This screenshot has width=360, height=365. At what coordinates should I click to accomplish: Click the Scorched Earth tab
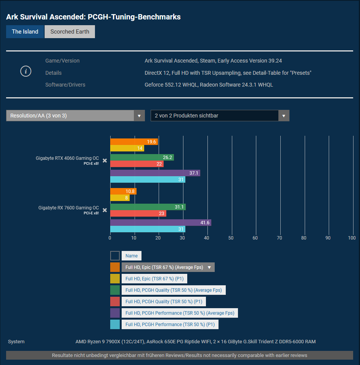(70, 32)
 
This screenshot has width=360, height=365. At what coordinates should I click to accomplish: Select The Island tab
(25, 32)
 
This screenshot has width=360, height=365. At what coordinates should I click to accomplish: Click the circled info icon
(26, 71)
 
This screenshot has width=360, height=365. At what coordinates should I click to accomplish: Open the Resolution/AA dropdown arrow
(139, 116)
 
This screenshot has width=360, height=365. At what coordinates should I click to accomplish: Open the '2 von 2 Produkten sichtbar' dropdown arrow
(283, 116)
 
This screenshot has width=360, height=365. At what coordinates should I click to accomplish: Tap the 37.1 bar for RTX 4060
(155, 173)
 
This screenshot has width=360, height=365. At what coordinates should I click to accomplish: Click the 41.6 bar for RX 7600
(160, 223)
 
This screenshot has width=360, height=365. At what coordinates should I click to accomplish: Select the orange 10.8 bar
(123, 191)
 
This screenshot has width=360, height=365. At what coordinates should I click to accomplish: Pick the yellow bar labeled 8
(120, 198)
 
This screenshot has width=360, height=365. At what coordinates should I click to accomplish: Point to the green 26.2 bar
(142, 158)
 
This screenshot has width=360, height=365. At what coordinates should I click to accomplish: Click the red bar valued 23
(138, 214)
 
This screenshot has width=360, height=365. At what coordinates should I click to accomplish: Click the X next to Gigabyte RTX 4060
(104, 161)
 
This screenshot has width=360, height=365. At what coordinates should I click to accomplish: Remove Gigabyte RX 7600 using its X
(104, 210)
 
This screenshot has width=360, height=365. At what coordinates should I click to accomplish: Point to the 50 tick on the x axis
(231, 238)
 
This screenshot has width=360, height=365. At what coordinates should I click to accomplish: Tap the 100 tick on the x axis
(352, 238)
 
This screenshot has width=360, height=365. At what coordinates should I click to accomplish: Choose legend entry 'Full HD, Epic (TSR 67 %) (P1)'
(154, 279)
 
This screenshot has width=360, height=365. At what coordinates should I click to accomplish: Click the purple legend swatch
(115, 313)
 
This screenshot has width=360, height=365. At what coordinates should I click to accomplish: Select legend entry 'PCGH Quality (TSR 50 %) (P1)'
(164, 302)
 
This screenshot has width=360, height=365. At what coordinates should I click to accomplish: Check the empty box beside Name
(115, 256)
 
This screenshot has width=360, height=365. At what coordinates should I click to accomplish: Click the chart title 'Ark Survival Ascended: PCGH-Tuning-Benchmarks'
(93, 17)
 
